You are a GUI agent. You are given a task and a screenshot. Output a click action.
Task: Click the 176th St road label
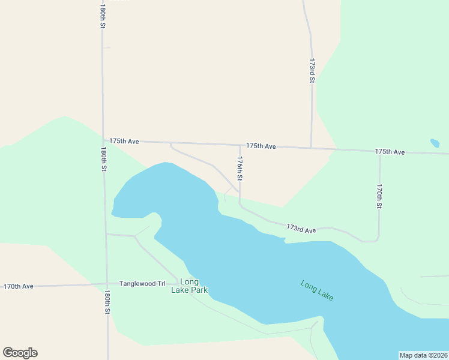coord(240,169)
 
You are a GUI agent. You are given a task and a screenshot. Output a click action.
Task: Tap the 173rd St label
coord(312,71)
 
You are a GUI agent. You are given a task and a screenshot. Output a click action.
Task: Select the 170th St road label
coord(379,197)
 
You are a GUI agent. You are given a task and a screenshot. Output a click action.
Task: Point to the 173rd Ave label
coord(301,229)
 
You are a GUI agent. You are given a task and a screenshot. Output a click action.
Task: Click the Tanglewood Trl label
coord(142,283)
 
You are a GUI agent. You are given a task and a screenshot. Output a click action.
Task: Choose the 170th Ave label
coord(19,286)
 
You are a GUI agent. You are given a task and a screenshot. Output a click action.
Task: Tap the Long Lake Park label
coord(189,286)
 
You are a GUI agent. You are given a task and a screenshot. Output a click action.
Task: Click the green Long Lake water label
coord(317,291)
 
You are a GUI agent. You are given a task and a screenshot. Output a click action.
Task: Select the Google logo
coord(20,353)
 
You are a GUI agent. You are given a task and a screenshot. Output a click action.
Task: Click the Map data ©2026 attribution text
coord(424,355)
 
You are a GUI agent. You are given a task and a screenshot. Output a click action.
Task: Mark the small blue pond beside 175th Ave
coord(434,143)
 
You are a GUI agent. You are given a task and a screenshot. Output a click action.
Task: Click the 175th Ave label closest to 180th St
coord(124,141)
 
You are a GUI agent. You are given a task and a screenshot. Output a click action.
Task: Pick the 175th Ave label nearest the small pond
coord(390,152)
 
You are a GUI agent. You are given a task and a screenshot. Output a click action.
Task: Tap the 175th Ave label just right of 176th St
coord(261,146)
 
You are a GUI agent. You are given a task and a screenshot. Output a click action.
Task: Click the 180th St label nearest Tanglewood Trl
coord(107,302)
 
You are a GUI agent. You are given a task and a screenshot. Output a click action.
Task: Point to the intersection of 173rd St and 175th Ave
coord(311,148)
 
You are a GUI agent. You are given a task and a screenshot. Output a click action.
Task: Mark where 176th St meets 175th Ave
coord(240,145)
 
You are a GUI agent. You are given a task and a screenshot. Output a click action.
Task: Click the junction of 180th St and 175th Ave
coord(103,140)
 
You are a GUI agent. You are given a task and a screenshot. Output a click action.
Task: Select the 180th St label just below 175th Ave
coord(104,160)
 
